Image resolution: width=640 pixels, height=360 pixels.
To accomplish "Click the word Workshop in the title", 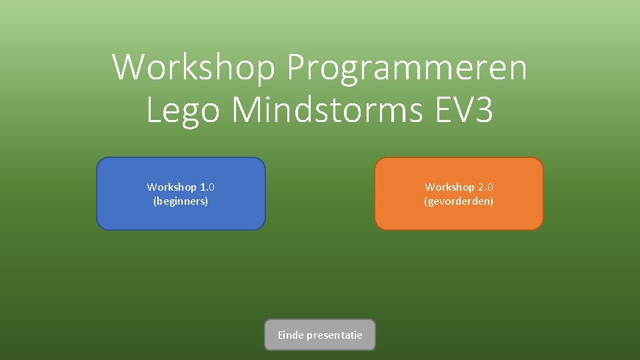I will [193, 67].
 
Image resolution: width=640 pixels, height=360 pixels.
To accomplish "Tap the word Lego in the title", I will [182, 110].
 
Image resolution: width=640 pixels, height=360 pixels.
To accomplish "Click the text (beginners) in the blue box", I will [181, 201].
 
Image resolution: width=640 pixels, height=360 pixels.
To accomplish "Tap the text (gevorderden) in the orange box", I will [459, 201].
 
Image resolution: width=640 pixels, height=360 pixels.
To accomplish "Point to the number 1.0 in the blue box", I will [207, 187].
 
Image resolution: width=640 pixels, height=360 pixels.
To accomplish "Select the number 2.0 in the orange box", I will [485, 187].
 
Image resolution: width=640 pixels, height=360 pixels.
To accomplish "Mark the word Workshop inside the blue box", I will [171, 187].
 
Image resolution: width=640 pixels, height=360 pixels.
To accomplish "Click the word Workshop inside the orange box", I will [449, 187].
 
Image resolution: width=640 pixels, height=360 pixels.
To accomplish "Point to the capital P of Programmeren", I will [296, 67].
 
